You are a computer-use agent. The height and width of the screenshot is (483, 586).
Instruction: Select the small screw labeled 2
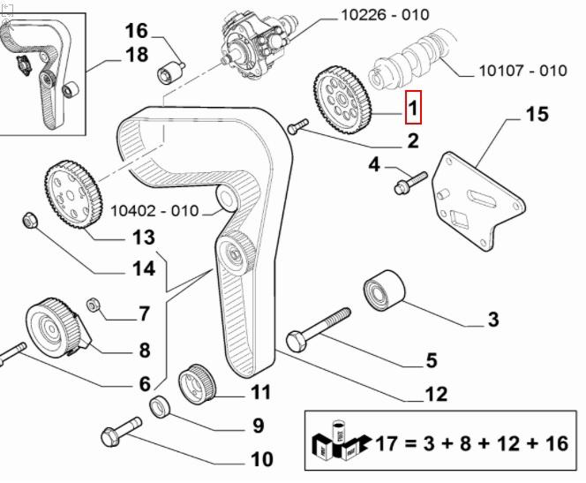(297, 129)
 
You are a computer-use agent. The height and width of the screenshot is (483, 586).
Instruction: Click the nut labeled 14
(27, 220)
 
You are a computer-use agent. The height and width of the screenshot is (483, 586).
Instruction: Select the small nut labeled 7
(94, 306)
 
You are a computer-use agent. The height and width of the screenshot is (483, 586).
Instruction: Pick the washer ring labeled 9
(160, 406)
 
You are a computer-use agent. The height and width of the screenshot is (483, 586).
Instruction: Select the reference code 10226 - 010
(385, 15)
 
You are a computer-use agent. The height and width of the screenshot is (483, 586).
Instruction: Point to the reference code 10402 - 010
(155, 211)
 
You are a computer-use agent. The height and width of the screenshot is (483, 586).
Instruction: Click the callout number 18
(136, 56)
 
